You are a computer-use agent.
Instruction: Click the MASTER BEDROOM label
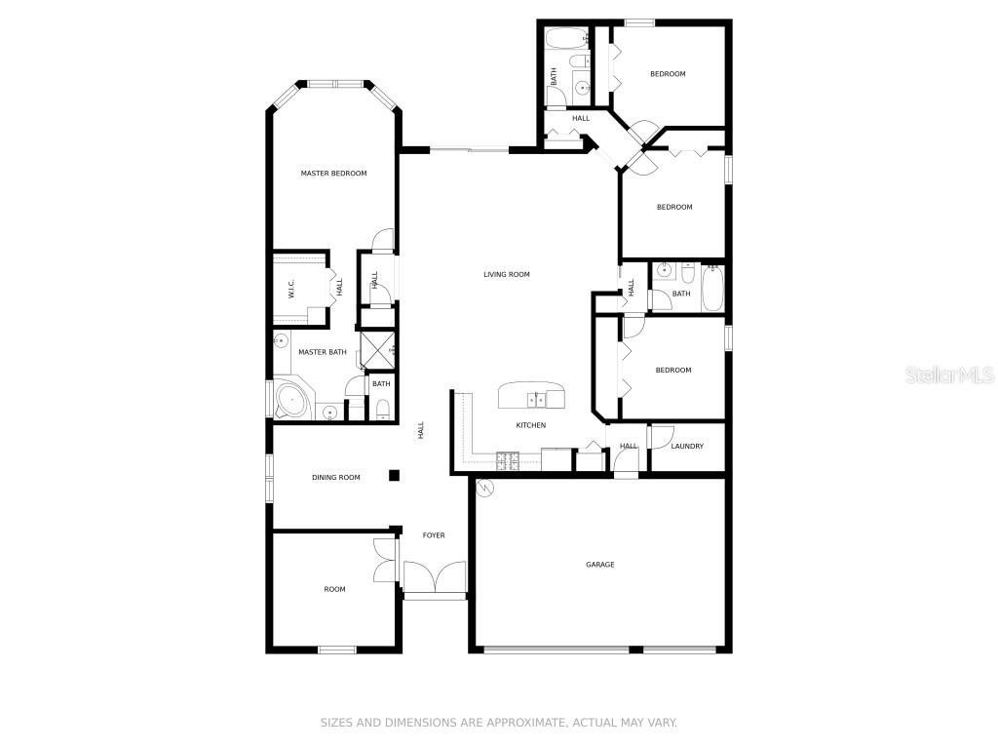pos(333,174)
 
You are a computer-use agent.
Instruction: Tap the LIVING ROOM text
pos(507,274)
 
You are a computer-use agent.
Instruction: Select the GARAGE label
pos(600,565)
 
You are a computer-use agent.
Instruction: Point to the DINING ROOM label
pos(336,477)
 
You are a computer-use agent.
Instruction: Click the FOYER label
pos(434,535)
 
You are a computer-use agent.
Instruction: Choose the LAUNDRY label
pos(687,446)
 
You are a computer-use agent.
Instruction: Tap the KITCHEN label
pos(531,425)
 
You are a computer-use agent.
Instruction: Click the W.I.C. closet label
pos(290,290)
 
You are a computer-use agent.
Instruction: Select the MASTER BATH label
pos(323,352)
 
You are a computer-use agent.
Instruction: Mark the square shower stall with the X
pos(377,350)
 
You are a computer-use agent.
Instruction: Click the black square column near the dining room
pos(394,475)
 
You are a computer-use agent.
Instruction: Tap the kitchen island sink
pos(536,400)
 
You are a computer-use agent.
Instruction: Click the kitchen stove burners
pos(507,460)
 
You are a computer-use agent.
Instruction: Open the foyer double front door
pos(436,578)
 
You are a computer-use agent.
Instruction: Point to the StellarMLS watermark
pos(949,374)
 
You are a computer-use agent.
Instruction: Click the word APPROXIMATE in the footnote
pos(525,723)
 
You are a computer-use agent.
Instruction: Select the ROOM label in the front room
pos(335,589)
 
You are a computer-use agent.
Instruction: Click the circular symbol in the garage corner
pos(485,488)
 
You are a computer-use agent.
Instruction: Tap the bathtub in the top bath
pos(566,38)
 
